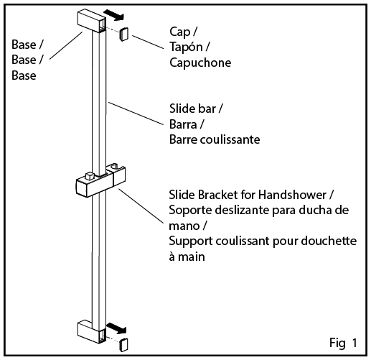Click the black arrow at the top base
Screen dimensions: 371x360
115,15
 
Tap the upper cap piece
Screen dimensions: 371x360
124,34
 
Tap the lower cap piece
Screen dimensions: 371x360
123,345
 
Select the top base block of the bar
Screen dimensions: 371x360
91,21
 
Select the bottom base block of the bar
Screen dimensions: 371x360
91,331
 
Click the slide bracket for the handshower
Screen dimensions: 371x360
100,181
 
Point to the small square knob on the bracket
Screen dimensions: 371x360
90,176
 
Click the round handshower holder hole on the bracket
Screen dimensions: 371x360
114,166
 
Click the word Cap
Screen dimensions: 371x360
180,32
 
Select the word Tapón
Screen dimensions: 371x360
186,47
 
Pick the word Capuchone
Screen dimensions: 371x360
200,63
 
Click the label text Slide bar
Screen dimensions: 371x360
193,109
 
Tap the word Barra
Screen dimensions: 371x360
183,124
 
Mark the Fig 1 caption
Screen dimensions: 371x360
343,343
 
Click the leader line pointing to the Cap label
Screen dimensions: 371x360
148,42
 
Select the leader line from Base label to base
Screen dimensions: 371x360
66,45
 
